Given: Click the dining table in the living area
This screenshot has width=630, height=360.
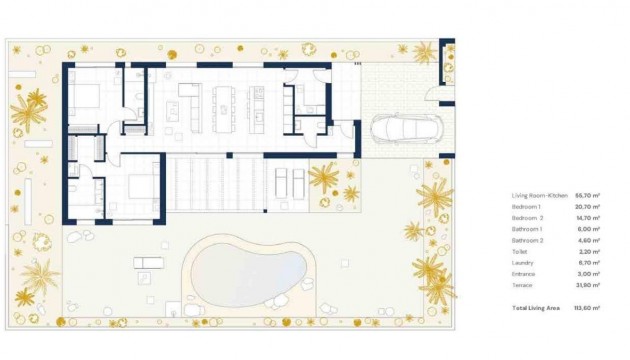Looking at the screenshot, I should [223, 100].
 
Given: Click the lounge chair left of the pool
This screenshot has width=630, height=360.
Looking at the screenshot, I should [147, 263].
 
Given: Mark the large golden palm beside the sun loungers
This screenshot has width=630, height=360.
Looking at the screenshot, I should [323, 180].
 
